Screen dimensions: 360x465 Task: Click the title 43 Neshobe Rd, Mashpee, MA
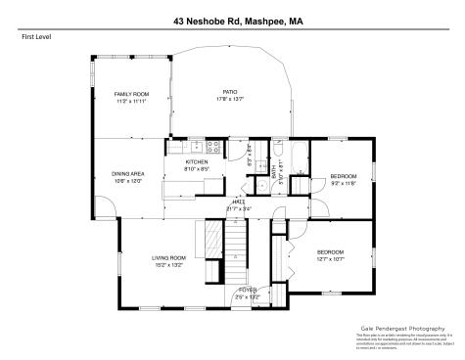[x=232, y=19]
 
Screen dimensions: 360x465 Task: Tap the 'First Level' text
[x=35, y=37]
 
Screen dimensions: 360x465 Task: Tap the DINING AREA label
[x=128, y=173]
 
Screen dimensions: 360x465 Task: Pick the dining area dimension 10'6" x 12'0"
[x=128, y=181]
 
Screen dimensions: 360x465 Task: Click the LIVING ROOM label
[x=168, y=257]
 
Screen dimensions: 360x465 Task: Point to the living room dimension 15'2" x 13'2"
[x=168, y=265]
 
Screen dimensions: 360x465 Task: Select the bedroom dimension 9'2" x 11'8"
[x=344, y=183]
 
